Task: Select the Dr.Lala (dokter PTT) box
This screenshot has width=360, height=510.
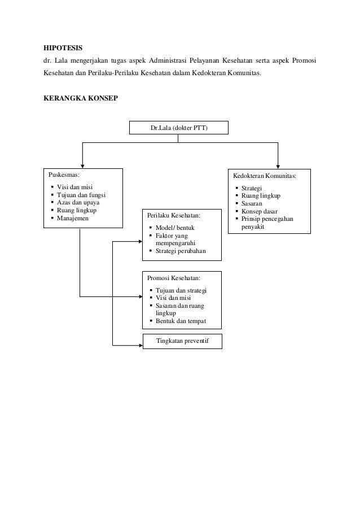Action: point(179,128)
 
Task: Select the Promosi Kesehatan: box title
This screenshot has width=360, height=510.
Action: point(173,278)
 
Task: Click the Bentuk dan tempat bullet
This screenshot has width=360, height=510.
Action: point(181,321)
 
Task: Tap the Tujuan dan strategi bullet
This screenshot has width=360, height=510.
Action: point(181,290)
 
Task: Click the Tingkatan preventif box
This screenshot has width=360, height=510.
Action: point(181,341)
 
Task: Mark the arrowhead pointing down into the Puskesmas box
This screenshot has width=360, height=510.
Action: point(84,164)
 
